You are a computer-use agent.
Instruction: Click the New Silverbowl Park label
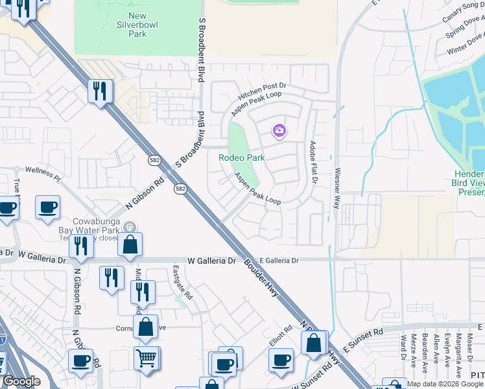tap(137, 25)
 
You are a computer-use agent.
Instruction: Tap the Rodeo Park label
tap(241, 158)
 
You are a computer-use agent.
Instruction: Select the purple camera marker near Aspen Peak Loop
tap(279, 131)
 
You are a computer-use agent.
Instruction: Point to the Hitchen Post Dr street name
tap(263, 86)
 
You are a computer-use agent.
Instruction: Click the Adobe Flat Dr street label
tap(313, 161)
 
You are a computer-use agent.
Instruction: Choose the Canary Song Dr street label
tap(464, 13)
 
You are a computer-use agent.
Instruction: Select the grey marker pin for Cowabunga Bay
tap(130, 227)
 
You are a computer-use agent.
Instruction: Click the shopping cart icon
tap(147, 358)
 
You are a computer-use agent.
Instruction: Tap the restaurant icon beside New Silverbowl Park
tap(100, 90)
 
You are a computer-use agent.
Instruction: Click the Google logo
tap(22, 382)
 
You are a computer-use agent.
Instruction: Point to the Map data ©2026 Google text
tap(444, 384)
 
